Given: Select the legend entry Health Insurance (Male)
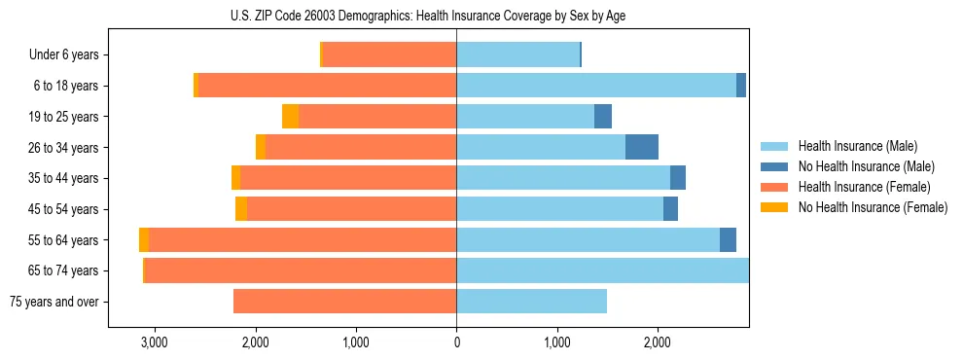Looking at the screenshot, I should pyautogui.click(x=856, y=146).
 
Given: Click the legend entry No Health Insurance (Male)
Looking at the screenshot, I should pyautogui.click(x=863, y=166).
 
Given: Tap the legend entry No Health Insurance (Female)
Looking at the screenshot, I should pyautogui.click(x=873, y=207).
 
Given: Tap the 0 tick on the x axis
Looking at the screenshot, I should pyautogui.click(x=456, y=342).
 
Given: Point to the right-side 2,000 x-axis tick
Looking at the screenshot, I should pyautogui.click(x=658, y=342).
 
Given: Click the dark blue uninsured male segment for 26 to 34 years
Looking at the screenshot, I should pyautogui.click(x=642, y=147).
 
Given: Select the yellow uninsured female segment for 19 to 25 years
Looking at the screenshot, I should pyautogui.click(x=290, y=117).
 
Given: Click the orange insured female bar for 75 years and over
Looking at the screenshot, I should pyautogui.click(x=344, y=302).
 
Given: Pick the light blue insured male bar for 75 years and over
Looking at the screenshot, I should pyautogui.click(x=531, y=302).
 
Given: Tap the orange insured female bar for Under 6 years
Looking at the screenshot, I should pyautogui.click(x=389, y=55).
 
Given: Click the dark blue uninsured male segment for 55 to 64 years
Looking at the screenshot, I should pyautogui.click(x=728, y=240).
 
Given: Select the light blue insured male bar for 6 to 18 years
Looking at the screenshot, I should pyautogui.click(x=595, y=86).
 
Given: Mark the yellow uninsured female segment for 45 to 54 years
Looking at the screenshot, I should pyautogui.click(x=241, y=209).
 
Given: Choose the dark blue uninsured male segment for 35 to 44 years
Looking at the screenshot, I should pyautogui.click(x=678, y=178).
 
